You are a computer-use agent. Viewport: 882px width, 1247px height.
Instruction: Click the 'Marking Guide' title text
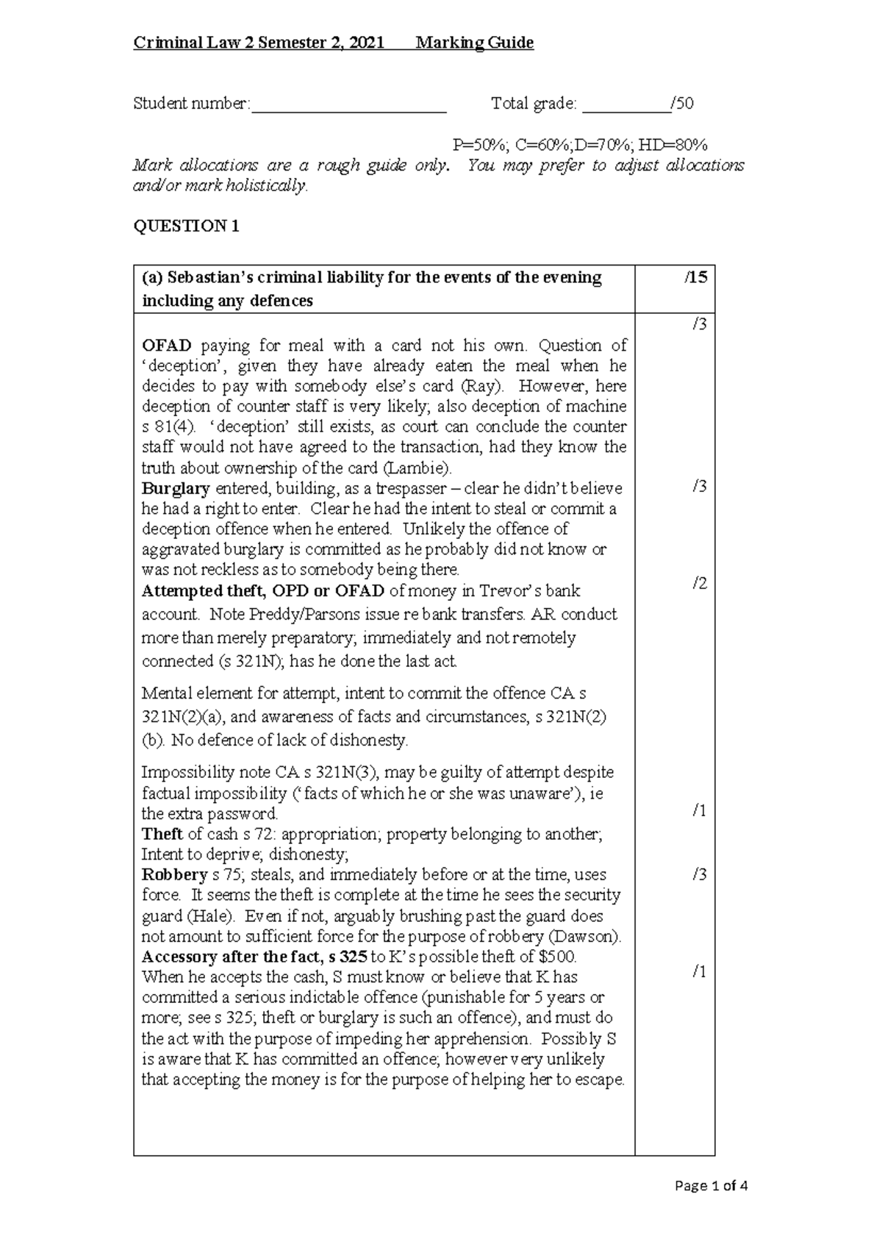point(474,43)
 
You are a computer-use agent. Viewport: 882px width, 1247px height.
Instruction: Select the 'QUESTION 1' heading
point(186,226)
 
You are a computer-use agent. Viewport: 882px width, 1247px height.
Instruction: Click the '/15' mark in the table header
point(695,278)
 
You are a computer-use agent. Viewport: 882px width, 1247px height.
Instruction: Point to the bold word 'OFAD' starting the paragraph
point(167,346)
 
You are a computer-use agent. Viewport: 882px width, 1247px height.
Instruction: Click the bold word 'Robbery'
point(174,875)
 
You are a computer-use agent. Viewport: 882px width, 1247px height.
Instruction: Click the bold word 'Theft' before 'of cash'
point(162,834)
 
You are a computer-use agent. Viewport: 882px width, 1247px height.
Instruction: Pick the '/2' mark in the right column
point(699,583)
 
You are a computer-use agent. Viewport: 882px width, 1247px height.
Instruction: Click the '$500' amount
point(556,957)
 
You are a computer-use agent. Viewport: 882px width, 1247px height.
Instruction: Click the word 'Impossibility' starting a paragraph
point(184,773)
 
